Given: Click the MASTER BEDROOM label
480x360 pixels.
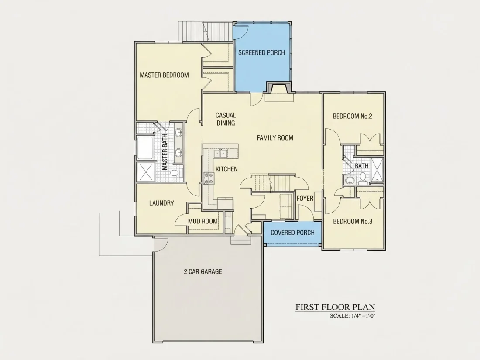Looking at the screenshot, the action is [x=164, y=75].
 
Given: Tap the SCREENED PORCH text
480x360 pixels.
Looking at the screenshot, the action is [x=261, y=53].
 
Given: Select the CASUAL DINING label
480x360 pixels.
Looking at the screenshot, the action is [x=226, y=119].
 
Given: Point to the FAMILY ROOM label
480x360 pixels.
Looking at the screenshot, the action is [x=275, y=138].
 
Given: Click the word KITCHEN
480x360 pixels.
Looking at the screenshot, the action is [x=226, y=169].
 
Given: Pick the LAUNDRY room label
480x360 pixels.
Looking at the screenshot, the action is [x=161, y=203].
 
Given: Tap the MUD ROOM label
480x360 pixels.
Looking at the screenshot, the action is [x=202, y=221].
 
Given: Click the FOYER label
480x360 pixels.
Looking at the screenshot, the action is [x=305, y=199].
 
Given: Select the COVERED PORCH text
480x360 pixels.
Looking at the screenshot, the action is [x=292, y=233].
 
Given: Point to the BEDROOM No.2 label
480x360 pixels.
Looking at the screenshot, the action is [x=352, y=117].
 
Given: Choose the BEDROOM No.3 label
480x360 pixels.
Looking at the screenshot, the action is [x=352, y=221].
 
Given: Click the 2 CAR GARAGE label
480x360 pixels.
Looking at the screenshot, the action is [x=202, y=271].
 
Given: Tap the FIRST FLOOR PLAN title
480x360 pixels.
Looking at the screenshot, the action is [x=335, y=307].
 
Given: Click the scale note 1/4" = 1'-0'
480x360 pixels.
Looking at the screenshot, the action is [x=352, y=316].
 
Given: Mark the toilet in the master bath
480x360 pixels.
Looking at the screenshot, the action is [x=176, y=173].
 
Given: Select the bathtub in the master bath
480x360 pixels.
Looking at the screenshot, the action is [x=145, y=148].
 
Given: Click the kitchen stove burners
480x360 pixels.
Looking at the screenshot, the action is [x=209, y=178].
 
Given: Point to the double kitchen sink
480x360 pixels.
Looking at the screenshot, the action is [x=220, y=153].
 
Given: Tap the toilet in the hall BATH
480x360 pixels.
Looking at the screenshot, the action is [x=363, y=177].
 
